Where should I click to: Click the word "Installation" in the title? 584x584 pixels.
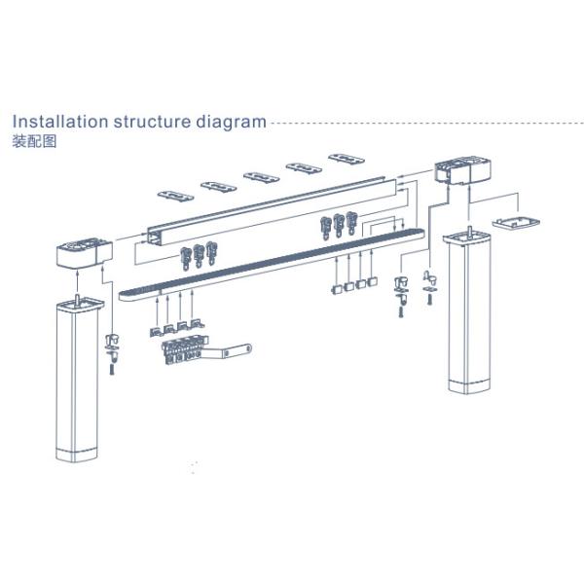[60, 122]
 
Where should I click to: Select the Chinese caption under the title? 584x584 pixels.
[34, 141]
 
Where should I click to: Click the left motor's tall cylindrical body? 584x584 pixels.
[78, 380]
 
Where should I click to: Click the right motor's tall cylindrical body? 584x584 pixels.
[468, 312]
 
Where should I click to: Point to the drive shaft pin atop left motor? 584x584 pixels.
[78, 298]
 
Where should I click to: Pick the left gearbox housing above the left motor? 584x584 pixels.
[85, 251]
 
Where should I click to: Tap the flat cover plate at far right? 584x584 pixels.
[516, 221]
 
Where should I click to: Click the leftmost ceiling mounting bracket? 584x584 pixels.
[175, 196]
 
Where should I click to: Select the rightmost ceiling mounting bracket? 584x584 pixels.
[347, 159]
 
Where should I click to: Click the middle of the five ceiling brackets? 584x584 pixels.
[262, 177]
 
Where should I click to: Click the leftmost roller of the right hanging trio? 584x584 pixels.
[325, 228]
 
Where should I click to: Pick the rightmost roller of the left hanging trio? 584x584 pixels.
[211, 253]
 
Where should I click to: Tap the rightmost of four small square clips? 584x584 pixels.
[373, 282]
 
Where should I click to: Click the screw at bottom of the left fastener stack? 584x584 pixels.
[112, 369]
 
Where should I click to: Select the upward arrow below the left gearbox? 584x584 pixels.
[77, 282]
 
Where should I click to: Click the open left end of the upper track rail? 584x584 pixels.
[156, 237]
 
